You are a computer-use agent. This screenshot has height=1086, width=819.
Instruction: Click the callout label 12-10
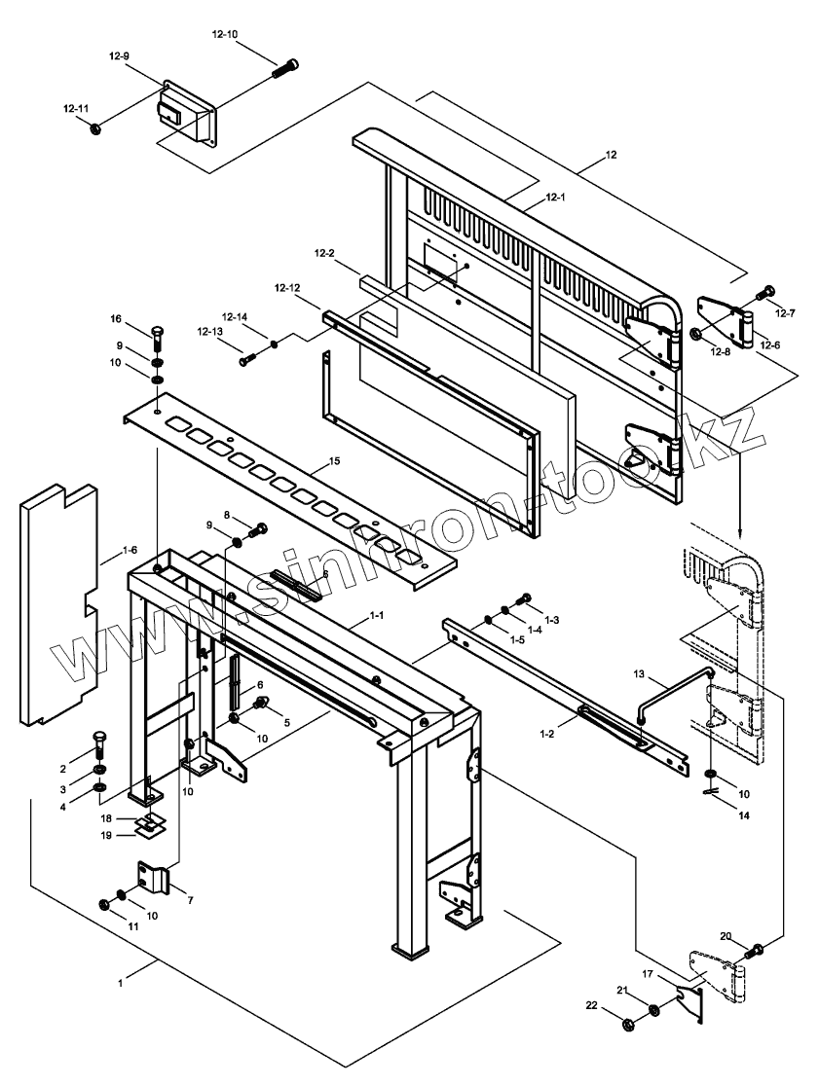click(x=224, y=34)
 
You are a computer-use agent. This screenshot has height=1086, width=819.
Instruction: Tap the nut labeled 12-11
click(x=96, y=128)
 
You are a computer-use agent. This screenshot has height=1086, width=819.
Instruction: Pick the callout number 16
click(x=116, y=319)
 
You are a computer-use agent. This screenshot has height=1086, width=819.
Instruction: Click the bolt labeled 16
click(x=156, y=339)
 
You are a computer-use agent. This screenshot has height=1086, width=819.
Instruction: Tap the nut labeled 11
click(x=105, y=904)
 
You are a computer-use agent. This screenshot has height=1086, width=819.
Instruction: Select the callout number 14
click(x=744, y=815)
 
